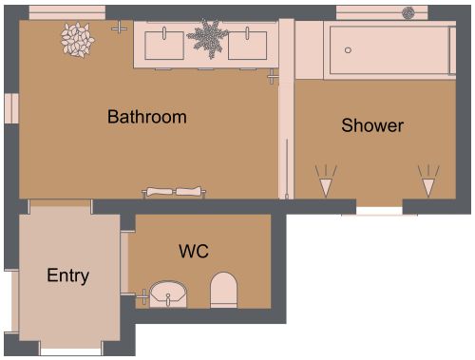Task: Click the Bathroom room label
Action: pos(146,118)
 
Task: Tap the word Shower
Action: pos(372,125)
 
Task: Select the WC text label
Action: pos(194,252)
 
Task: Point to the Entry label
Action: pos(68,276)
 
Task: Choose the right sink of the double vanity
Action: pos(254,44)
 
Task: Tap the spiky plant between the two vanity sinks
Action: pos(208,38)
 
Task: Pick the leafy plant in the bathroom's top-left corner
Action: pos(75,39)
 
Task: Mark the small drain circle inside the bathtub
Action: pos(348,49)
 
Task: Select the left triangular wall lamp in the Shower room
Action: pos(326,180)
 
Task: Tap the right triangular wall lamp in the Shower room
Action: pos(429,180)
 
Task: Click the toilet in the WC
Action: pos(223,290)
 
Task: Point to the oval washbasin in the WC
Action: pos(170,294)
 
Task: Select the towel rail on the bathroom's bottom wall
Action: pos(174,192)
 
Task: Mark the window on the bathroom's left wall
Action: pos(10,108)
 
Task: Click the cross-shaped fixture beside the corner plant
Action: pos(119,28)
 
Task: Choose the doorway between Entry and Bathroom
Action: pos(59,206)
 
